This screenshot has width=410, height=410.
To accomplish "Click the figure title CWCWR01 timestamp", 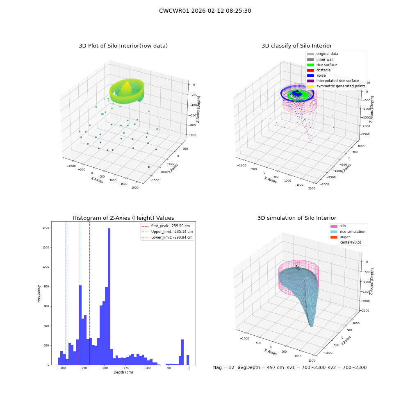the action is click(x=205, y=11).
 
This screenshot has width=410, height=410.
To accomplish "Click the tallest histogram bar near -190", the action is click(x=109, y=296).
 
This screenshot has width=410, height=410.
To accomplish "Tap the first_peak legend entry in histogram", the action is click(x=166, y=226).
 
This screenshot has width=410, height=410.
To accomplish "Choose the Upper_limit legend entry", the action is click(x=167, y=232).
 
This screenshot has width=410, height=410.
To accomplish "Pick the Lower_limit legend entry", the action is click(x=167, y=237).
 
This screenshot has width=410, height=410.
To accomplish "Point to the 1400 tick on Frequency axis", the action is click(x=46, y=228).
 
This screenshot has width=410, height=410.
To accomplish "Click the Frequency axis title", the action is click(x=39, y=294).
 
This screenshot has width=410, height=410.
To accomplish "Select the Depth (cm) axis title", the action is click(x=123, y=372).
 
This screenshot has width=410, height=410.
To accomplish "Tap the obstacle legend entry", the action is click(x=319, y=70).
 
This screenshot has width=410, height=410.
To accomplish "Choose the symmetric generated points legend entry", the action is click(x=336, y=86).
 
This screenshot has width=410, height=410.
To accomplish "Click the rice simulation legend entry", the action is click(x=348, y=232).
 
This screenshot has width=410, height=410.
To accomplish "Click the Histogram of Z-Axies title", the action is click(x=123, y=218).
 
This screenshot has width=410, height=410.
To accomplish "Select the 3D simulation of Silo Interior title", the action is click(x=297, y=218).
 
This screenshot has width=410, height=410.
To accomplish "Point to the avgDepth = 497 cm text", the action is click(x=261, y=367).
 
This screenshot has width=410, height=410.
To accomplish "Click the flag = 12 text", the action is click(x=223, y=367).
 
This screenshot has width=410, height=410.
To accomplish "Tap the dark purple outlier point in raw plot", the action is click(x=149, y=167).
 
